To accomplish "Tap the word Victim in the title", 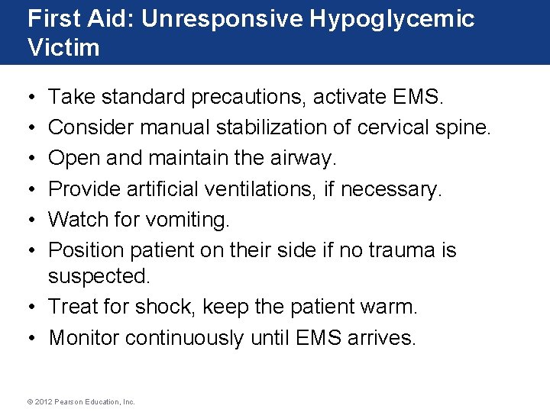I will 63,48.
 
